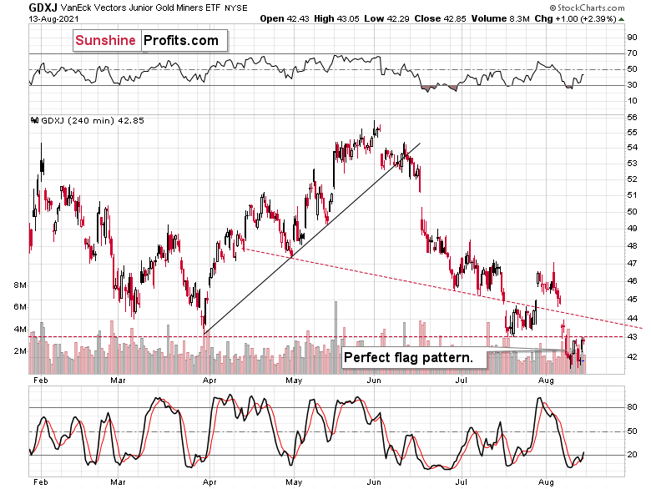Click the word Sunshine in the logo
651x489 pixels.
(106, 40)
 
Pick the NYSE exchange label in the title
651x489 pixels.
(237, 7)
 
